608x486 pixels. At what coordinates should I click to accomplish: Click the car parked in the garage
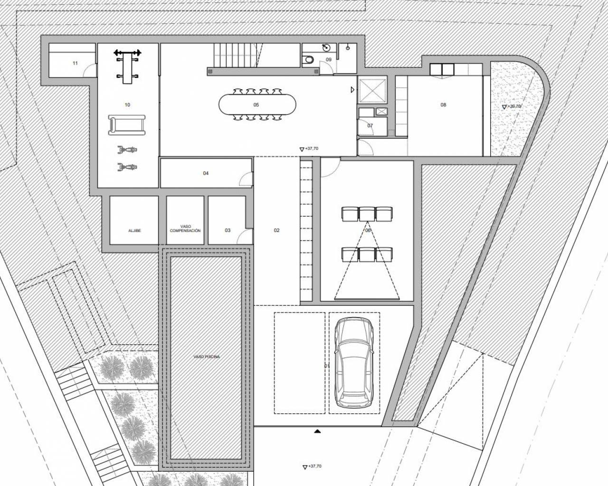[353, 363]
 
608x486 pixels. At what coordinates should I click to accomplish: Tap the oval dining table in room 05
[256, 104]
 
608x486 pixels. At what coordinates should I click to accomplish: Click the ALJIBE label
[134, 231]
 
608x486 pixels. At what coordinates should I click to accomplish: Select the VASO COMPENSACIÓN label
[185, 228]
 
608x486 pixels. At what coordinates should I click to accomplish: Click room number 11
[75, 63]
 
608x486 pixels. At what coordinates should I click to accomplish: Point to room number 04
[206, 173]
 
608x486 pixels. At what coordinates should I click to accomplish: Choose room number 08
[443, 105]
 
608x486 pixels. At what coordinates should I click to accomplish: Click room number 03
[228, 230]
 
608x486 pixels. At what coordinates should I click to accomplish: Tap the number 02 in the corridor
[276, 230]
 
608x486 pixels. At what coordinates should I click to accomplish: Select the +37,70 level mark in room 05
[309, 149]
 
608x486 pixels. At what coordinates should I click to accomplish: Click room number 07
[370, 126]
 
